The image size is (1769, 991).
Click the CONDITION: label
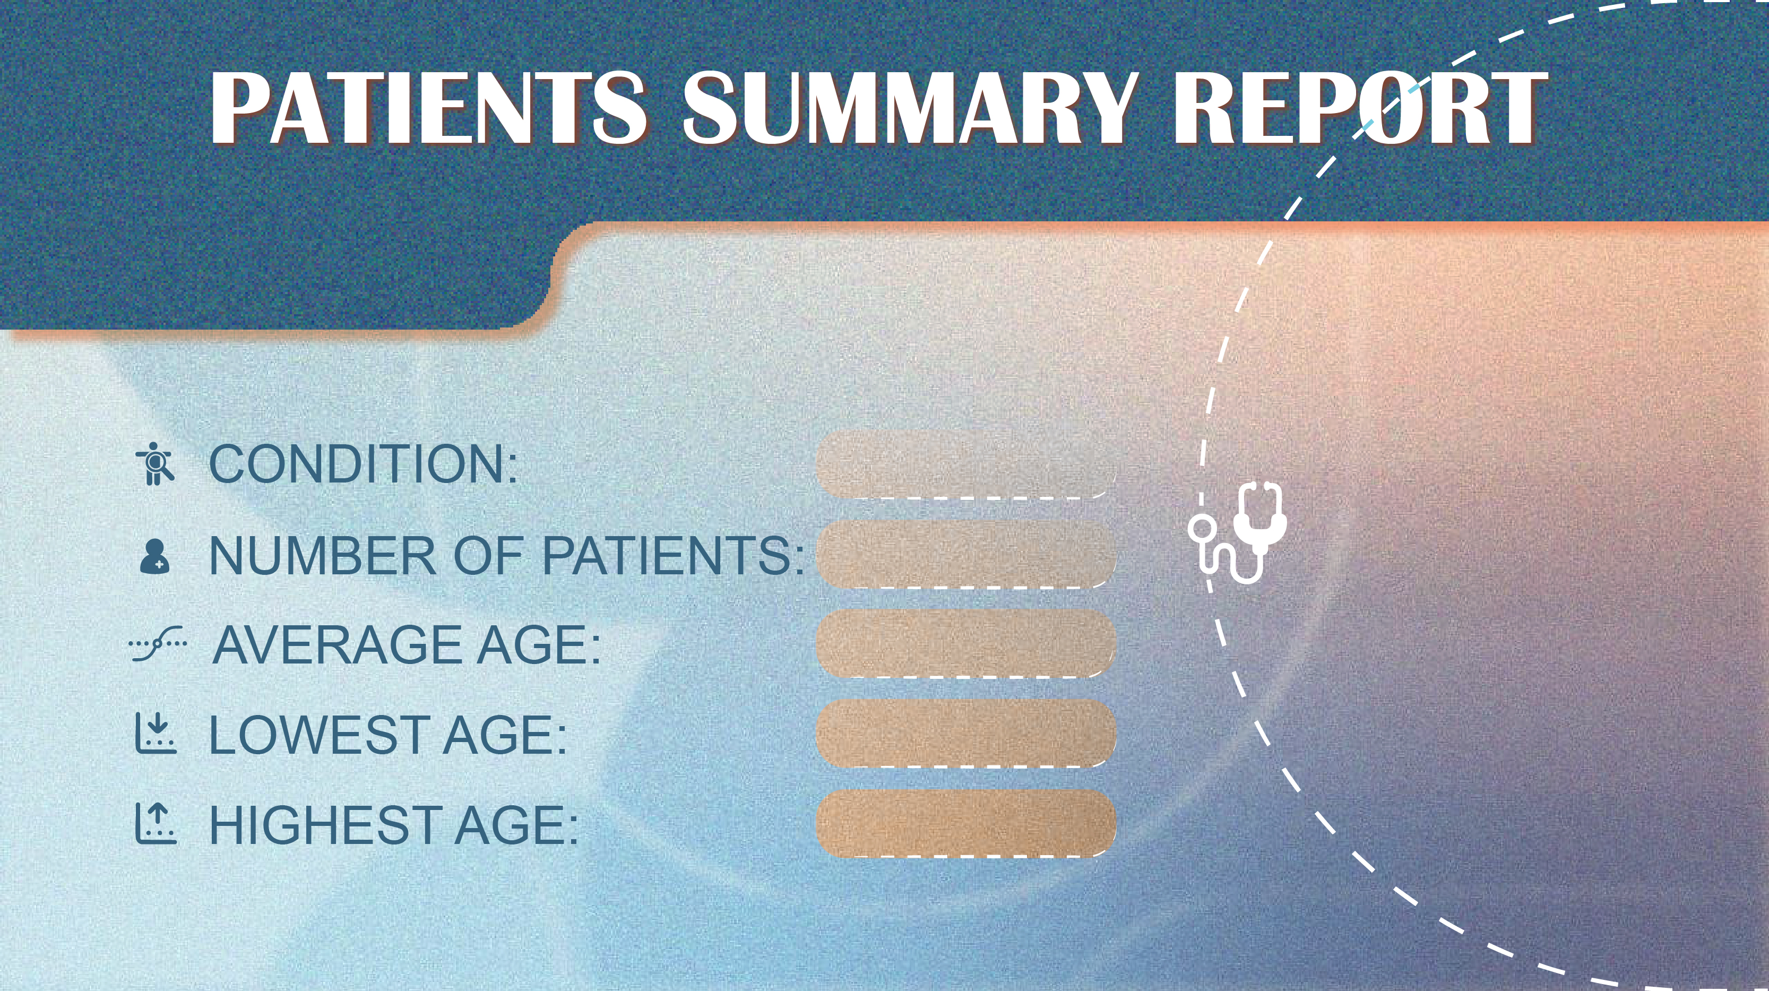[x=363, y=463]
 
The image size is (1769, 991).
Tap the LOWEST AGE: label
[x=388, y=734]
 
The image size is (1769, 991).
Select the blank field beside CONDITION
[x=965, y=464]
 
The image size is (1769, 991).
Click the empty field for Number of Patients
[x=965, y=554]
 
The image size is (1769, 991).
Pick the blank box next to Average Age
[x=965, y=643]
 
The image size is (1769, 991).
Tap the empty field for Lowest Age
[x=965, y=734]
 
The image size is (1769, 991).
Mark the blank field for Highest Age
[x=965, y=823]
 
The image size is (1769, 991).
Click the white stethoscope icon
[x=1237, y=532]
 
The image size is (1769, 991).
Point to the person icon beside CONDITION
[x=155, y=463]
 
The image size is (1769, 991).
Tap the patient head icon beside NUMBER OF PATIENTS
[x=154, y=556]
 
